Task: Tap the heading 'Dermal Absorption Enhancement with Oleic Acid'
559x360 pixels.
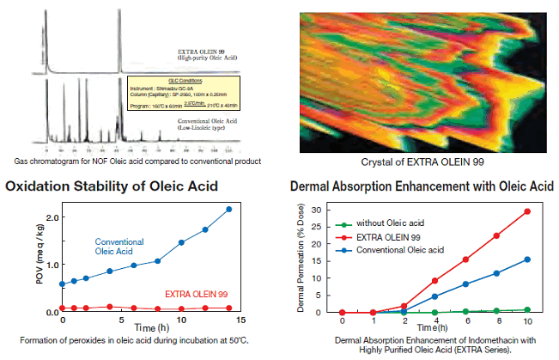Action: point(418,186)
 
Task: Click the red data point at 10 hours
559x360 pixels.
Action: point(526,211)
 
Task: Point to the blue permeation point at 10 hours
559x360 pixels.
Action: point(526,259)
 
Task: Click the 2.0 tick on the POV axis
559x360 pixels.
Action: point(52,217)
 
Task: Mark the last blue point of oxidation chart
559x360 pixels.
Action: point(228,209)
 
